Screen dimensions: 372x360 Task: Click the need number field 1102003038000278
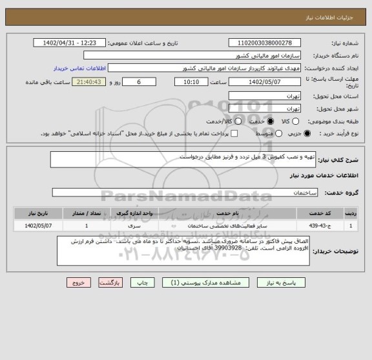coord(265,43)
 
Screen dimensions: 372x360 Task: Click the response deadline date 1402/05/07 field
coord(265,82)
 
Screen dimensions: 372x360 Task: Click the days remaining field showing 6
coord(138,82)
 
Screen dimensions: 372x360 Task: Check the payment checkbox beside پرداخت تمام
coord(234,133)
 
